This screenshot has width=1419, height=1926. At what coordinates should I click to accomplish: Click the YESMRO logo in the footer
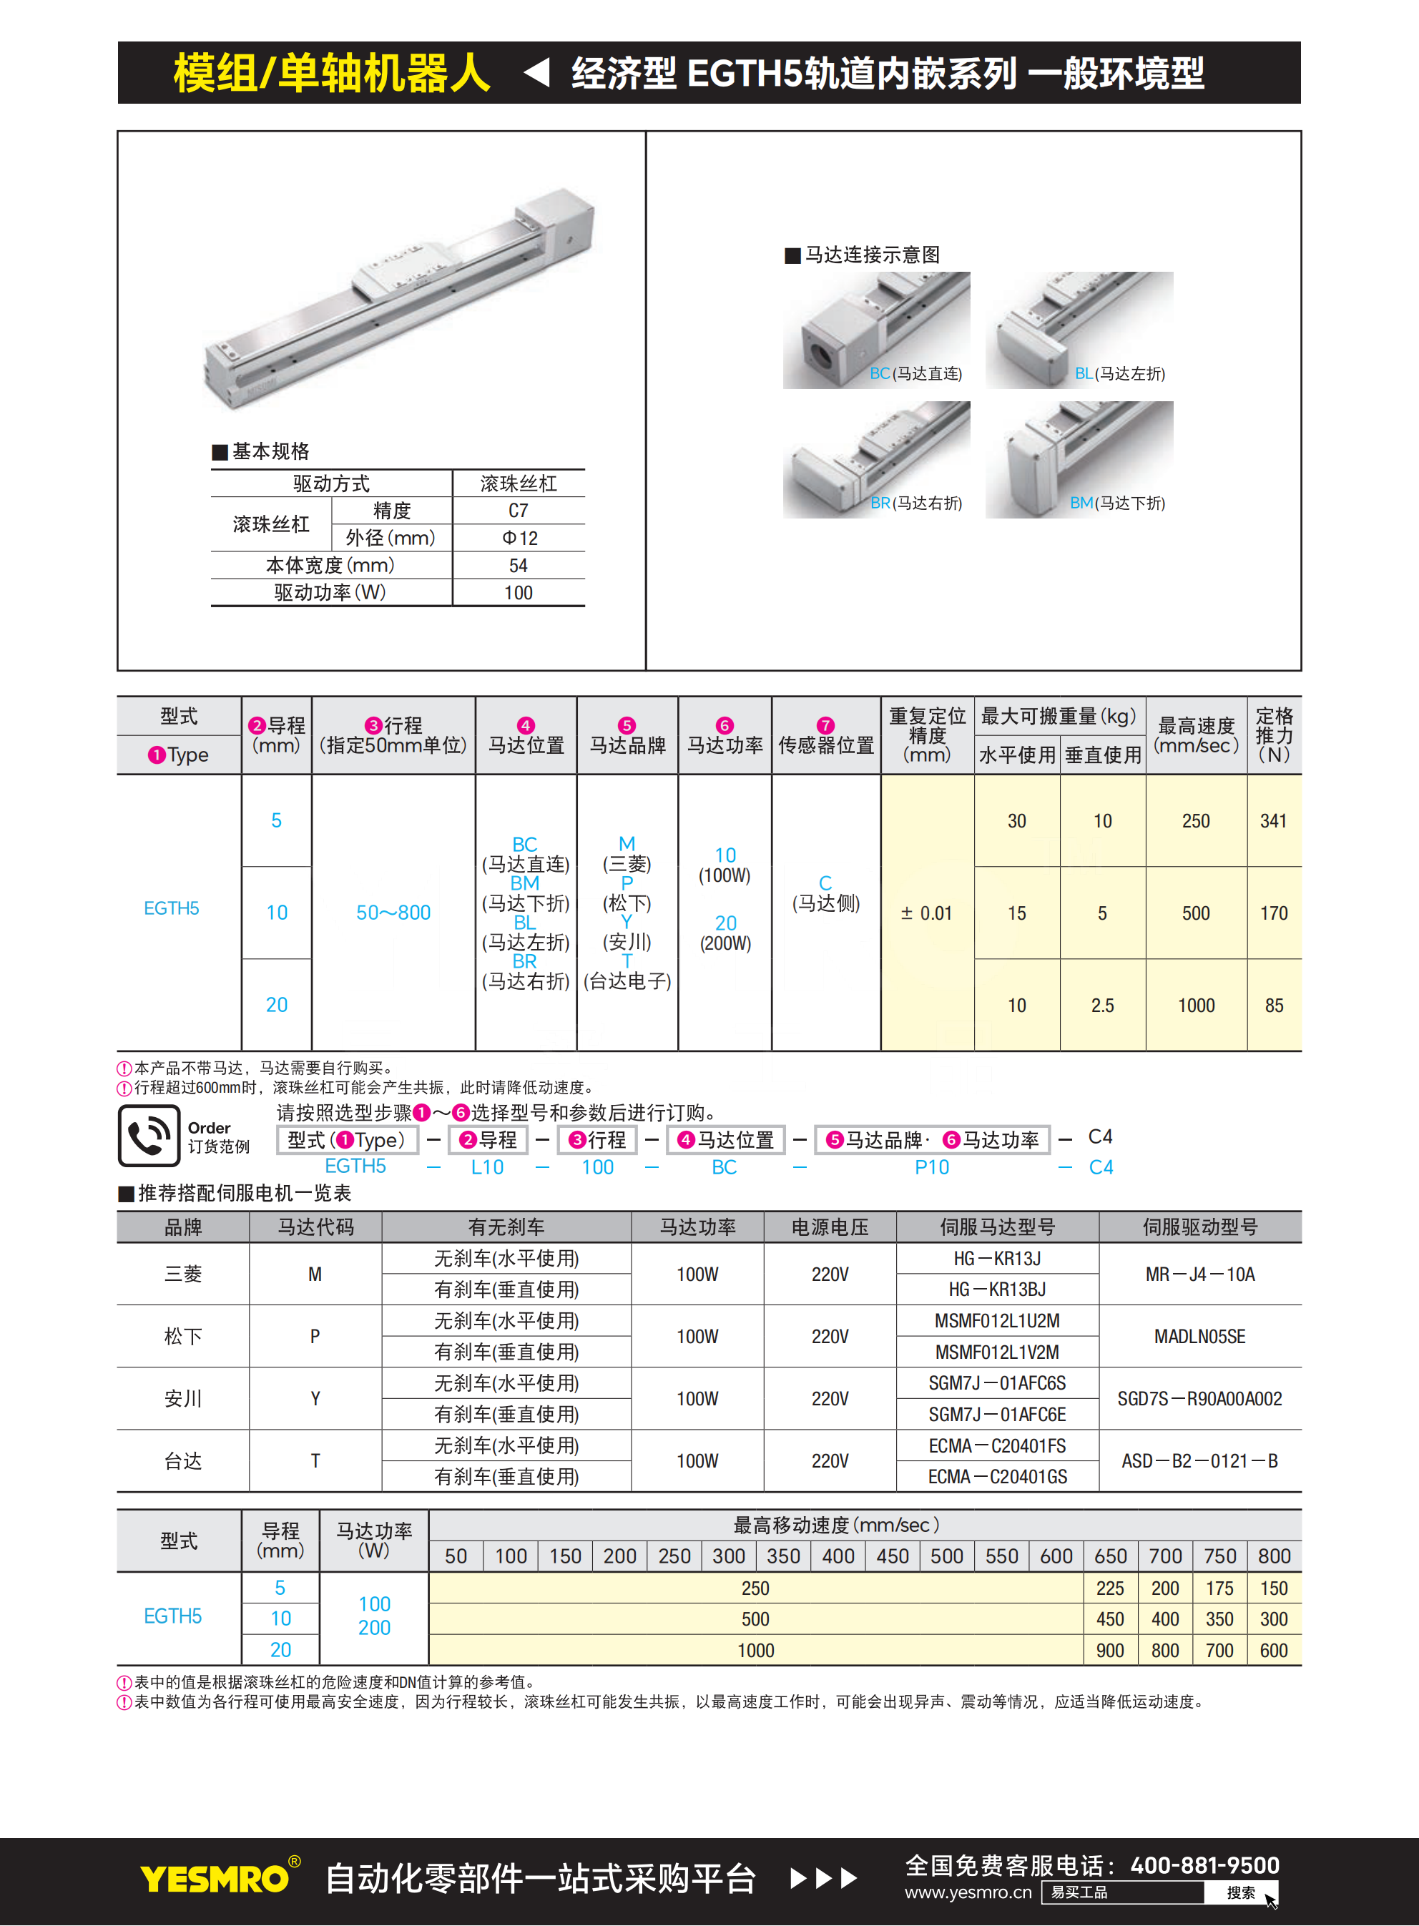215,1878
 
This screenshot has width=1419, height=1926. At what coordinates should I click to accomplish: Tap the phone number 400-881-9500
1204,1865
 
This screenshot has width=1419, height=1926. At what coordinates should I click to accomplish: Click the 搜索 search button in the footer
1240,1892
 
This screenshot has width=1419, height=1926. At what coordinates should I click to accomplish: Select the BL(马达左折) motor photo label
1119,373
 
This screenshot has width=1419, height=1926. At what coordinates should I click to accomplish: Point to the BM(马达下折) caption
1116,503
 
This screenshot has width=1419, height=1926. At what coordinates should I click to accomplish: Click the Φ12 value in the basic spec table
519,539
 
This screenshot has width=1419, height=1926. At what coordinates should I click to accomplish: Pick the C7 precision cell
518,511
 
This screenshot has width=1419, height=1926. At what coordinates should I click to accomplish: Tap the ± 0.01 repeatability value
926,913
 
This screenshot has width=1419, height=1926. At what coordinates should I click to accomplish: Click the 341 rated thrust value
1273,821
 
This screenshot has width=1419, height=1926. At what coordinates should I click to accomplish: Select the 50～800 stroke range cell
393,913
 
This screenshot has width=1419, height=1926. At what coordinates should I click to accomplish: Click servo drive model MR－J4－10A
1199,1274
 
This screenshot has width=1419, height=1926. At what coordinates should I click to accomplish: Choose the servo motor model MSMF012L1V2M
996,1352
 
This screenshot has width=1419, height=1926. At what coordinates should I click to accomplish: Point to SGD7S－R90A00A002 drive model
1199,1399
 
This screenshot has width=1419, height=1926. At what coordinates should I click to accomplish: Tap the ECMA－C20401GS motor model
996,1477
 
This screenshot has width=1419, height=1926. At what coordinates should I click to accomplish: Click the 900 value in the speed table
1110,1651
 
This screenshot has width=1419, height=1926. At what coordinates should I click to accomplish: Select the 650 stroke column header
1110,1556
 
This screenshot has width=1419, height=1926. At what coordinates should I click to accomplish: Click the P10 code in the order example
931,1167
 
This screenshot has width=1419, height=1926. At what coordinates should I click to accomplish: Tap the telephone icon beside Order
149,1136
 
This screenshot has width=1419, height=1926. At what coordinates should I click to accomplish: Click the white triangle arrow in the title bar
537,72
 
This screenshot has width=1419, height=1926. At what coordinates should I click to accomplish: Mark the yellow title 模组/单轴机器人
332,73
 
